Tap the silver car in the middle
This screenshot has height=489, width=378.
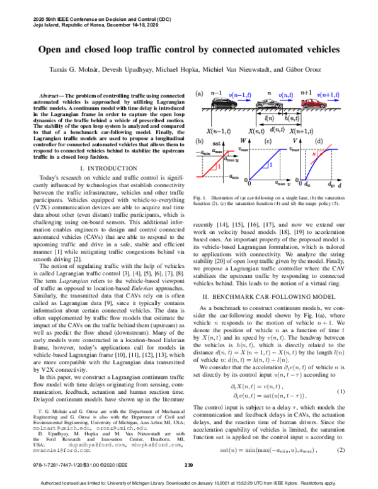pos(270,106)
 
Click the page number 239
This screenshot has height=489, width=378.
pos(188,464)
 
